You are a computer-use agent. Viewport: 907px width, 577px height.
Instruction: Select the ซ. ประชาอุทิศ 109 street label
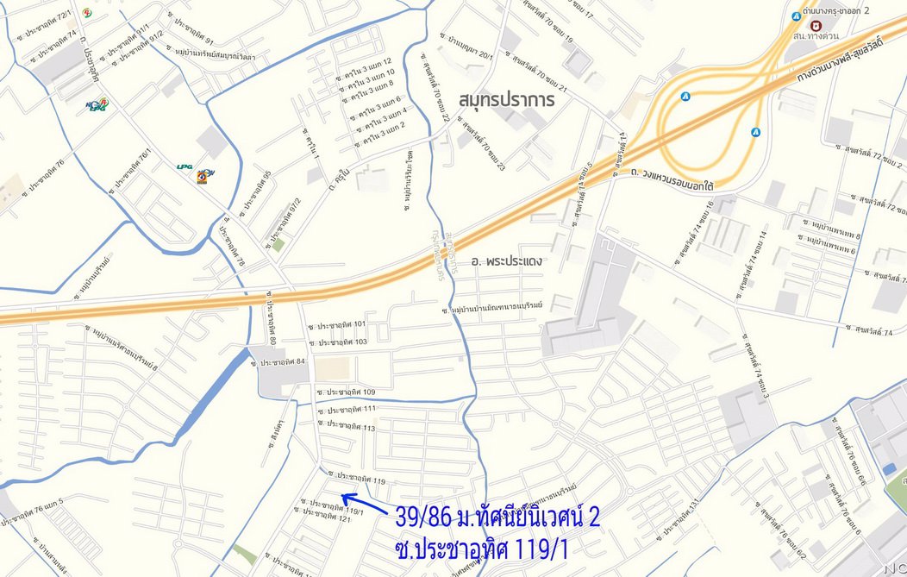click(346, 392)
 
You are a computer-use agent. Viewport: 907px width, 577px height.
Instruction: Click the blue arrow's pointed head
click(344, 495)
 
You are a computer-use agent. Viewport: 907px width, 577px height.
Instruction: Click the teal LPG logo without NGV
click(185, 166)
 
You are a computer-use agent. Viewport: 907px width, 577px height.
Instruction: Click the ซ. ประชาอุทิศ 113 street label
click(346, 425)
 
